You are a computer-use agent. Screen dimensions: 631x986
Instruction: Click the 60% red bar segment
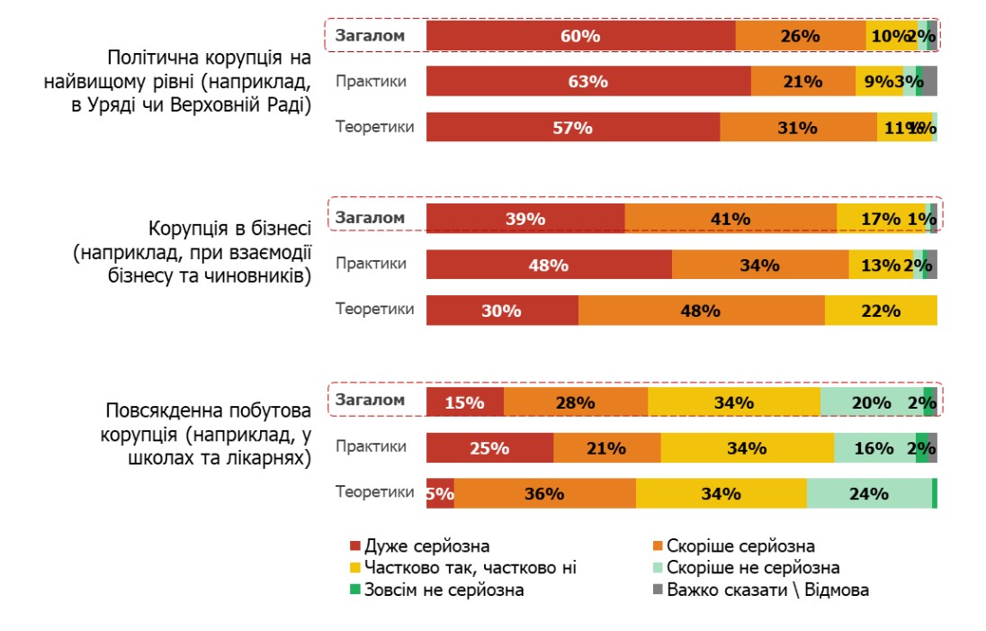tap(580, 36)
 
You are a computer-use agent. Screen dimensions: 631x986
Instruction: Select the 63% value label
tap(588, 82)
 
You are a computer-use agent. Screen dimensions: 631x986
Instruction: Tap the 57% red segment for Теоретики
tap(573, 128)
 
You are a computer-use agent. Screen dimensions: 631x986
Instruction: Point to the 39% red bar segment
tap(525, 219)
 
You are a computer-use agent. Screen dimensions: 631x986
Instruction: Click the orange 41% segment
tap(730, 219)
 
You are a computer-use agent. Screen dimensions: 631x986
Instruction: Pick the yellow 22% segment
tap(881, 311)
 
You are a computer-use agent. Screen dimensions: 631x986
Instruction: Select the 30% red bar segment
tap(502, 311)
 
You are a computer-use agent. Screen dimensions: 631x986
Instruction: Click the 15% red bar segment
tap(464, 402)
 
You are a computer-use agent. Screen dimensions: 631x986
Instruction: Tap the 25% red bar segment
tap(489, 447)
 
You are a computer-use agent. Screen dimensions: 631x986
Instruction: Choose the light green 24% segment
tap(869, 493)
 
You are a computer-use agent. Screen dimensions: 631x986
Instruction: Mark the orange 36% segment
tap(544, 493)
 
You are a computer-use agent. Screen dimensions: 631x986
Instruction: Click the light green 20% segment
tap(871, 402)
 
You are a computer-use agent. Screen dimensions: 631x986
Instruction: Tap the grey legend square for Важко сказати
tap(657, 590)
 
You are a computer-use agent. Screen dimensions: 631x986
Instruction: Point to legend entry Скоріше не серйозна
tap(753, 568)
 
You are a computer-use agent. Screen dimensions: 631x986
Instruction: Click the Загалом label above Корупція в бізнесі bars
tap(371, 218)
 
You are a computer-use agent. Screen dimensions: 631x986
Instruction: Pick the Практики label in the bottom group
tap(371, 446)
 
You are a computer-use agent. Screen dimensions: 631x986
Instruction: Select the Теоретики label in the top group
tap(375, 127)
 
